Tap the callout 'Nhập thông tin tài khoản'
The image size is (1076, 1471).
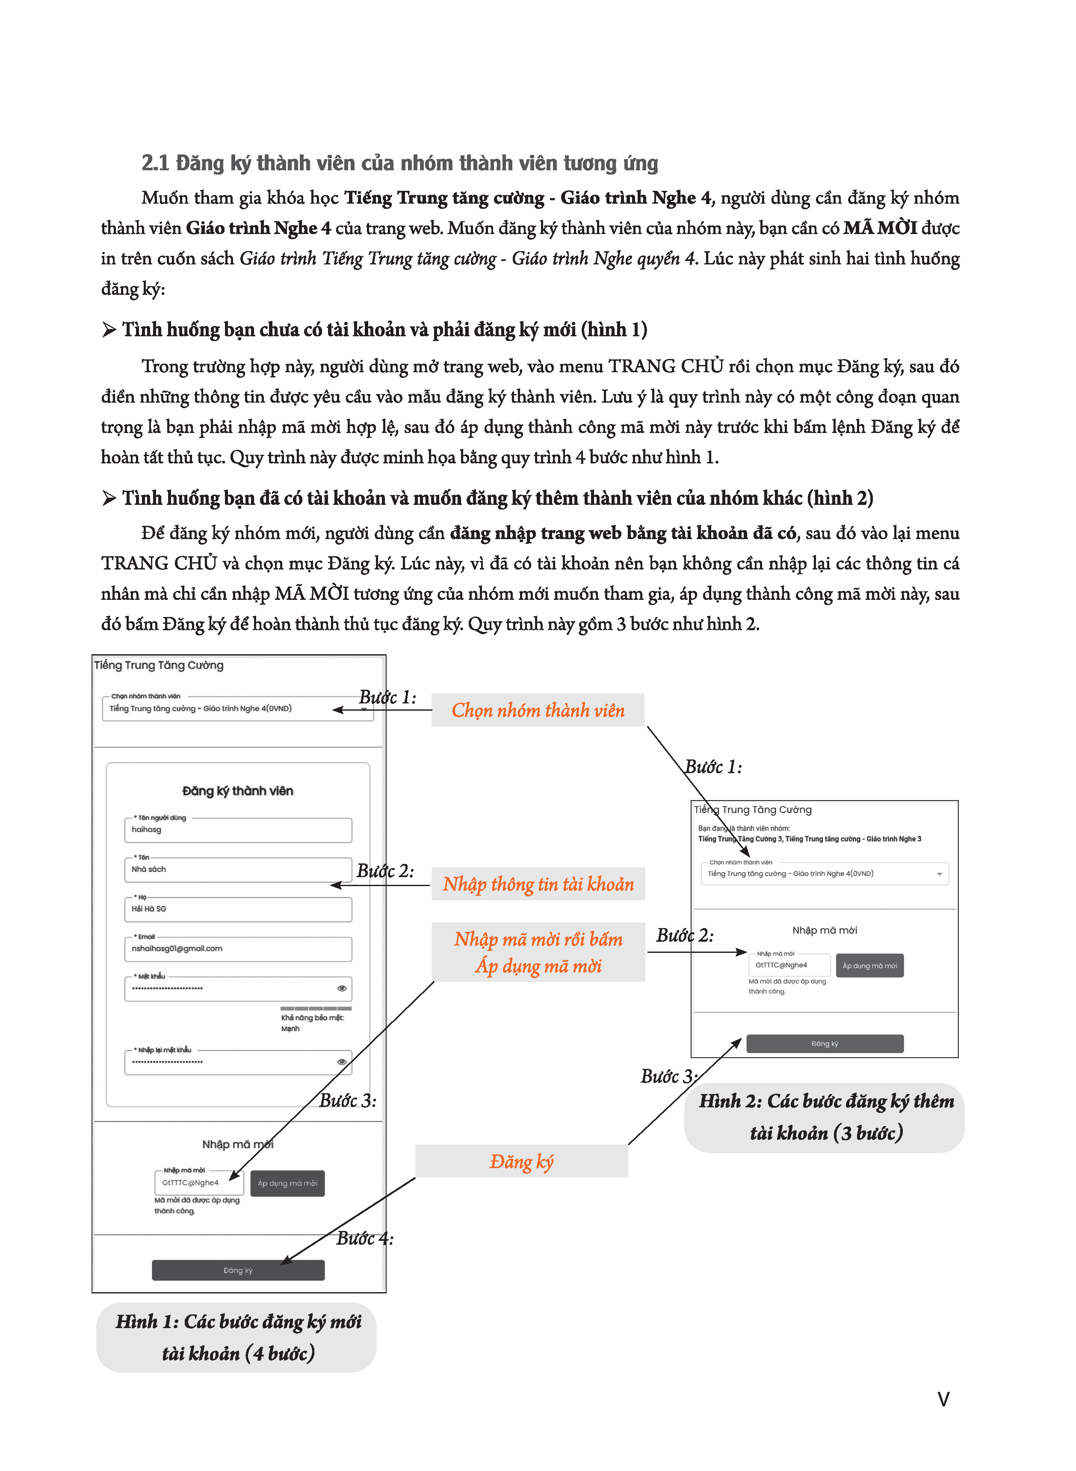pos(538,884)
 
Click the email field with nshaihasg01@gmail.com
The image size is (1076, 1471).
pos(238,949)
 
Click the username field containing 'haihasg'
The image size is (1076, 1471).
pos(238,830)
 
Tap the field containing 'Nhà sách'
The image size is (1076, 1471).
pos(238,870)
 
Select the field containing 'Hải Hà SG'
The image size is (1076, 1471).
pos(238,910)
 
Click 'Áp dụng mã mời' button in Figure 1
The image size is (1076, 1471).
pos(287,1183)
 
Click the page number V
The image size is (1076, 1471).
pos(943,1399)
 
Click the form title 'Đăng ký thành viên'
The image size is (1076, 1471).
pos(238,791)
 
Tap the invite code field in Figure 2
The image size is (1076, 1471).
pos(789,965)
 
